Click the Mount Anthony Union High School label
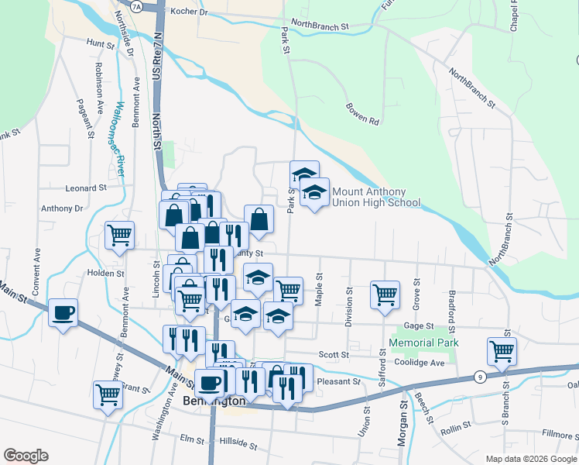point(375,197)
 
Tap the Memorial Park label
point(423,343)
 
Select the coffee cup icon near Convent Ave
point(63,313)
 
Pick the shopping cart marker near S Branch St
point(502,351)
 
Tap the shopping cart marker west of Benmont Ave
point(119,236)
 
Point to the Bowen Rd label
point(362,113)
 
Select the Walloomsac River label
point(119,139)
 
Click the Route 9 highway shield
point(480,377)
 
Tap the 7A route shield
point(138,6)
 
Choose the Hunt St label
point(101,44)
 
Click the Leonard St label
point(86,188)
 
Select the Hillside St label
point(237,443)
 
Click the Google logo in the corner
point(26,456)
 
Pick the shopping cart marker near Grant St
point(108,394)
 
